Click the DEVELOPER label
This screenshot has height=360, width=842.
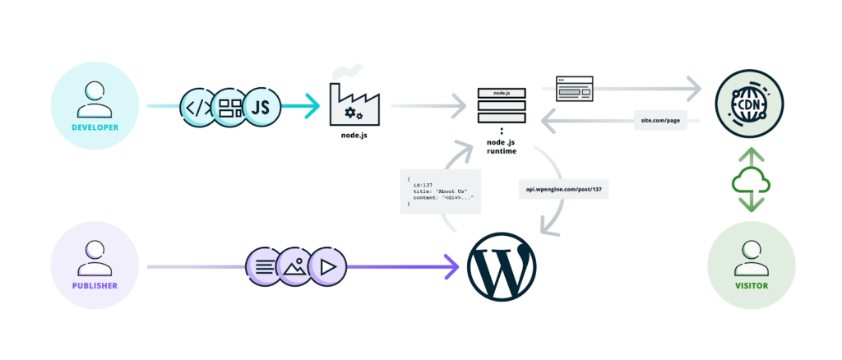(95, 127)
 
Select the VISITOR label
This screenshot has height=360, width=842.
(752, 286)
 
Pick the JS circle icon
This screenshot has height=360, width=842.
(261, 106)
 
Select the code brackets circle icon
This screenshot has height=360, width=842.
(198, 106)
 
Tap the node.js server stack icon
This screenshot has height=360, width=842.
(502, 106)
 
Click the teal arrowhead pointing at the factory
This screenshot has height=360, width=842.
(310, 106)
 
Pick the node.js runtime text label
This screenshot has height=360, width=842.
(501, 144)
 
